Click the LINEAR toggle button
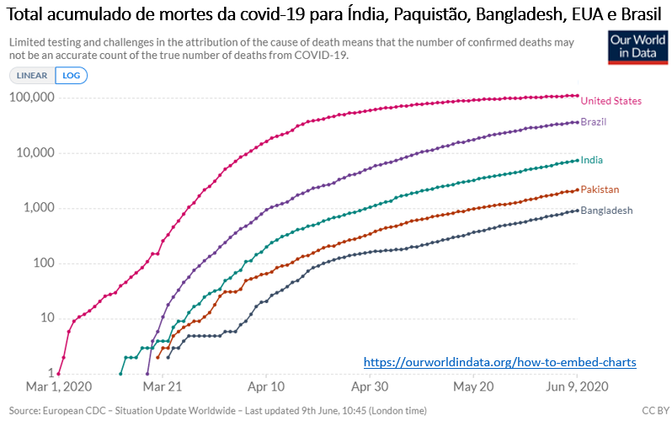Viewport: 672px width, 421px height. pyautogui.click(x=32, y=75)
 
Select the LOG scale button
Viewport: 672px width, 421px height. pyautogui.click(x=71, y=75)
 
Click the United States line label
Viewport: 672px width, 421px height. pyautogui.click(x=611, y=101)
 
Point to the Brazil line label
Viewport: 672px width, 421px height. pyautogui.click(x=594, y=122)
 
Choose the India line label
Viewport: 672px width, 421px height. pyautogui.click(x=591, y=160)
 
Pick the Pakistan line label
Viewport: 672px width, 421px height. pyautogui.click(x=600, y=189)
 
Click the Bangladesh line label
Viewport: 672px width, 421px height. pyautogui.click(x=606, y=210)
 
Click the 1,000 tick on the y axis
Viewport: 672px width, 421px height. pyautogui.click(x=37, y=208)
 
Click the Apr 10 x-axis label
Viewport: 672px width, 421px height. pyautogui.click(x=267, y=386)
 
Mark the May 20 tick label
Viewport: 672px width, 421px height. pyautogui.click(x=473, y=386)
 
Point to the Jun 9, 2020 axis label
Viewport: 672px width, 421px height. pyautogui.click(x=575, y=386)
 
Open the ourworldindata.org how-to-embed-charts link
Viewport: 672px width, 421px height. pyautogui.click(x=499, y=362)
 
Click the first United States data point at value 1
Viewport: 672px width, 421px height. pyautogui.click(x=58, y=373)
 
